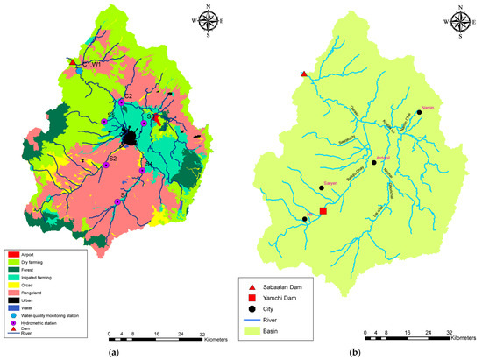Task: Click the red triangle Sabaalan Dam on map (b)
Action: click(x=303, y=74)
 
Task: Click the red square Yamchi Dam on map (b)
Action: click(x=323, y=211)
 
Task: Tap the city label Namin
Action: click(x=428, y=107)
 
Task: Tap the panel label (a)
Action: click(x=111, y=353)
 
